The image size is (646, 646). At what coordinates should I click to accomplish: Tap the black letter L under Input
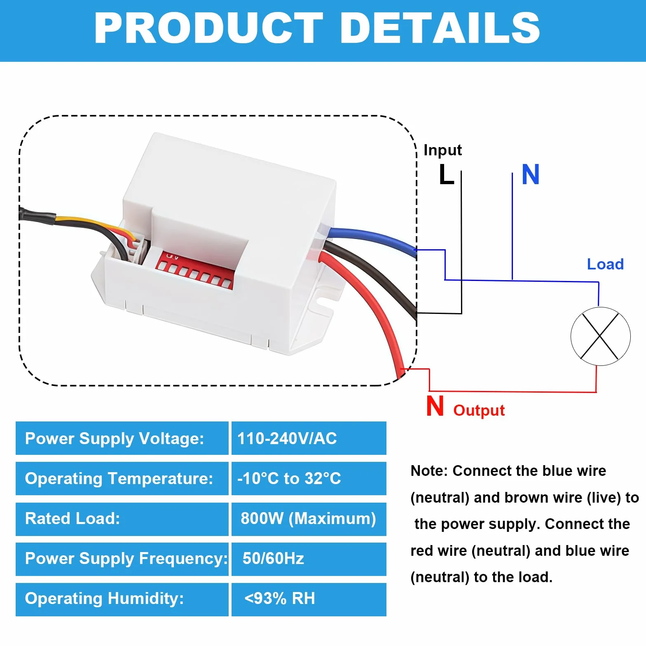point(446,174)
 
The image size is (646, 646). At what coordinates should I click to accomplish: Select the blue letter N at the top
point(531,174)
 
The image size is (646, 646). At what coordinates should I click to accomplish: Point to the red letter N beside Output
point(435,406)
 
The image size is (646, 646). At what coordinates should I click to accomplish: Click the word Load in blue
point(605,264)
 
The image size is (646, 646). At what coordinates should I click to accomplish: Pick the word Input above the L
point(442,150)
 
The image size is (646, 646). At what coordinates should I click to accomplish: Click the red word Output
point(479,410)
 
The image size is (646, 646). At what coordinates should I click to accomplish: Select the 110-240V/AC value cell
point(309,438)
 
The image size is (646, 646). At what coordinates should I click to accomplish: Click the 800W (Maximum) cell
point(309,519)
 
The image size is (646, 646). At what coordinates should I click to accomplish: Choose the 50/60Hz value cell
point(309,559)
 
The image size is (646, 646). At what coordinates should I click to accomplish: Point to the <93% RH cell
point(309,599)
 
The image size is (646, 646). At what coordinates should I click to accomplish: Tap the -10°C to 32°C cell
point(309,478)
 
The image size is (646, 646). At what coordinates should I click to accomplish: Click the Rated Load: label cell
point(122,519)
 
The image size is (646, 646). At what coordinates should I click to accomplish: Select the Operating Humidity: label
point(105,599)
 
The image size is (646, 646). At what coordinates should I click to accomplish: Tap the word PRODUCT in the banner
point(209,28)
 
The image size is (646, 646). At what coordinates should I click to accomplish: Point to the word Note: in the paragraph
point(429,471)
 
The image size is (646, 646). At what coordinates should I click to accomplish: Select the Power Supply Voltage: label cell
point(122,438)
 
